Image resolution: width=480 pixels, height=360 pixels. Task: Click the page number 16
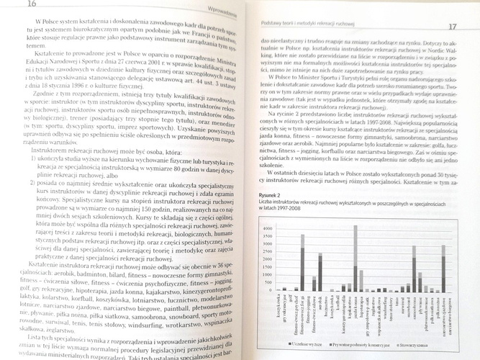pyautogui.click(x=12, y=4)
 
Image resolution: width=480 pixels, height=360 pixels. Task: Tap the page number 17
pyautogui.click(x=453, y=27)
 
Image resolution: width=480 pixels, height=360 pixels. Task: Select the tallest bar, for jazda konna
pyautogui.click(x=356, y=253)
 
